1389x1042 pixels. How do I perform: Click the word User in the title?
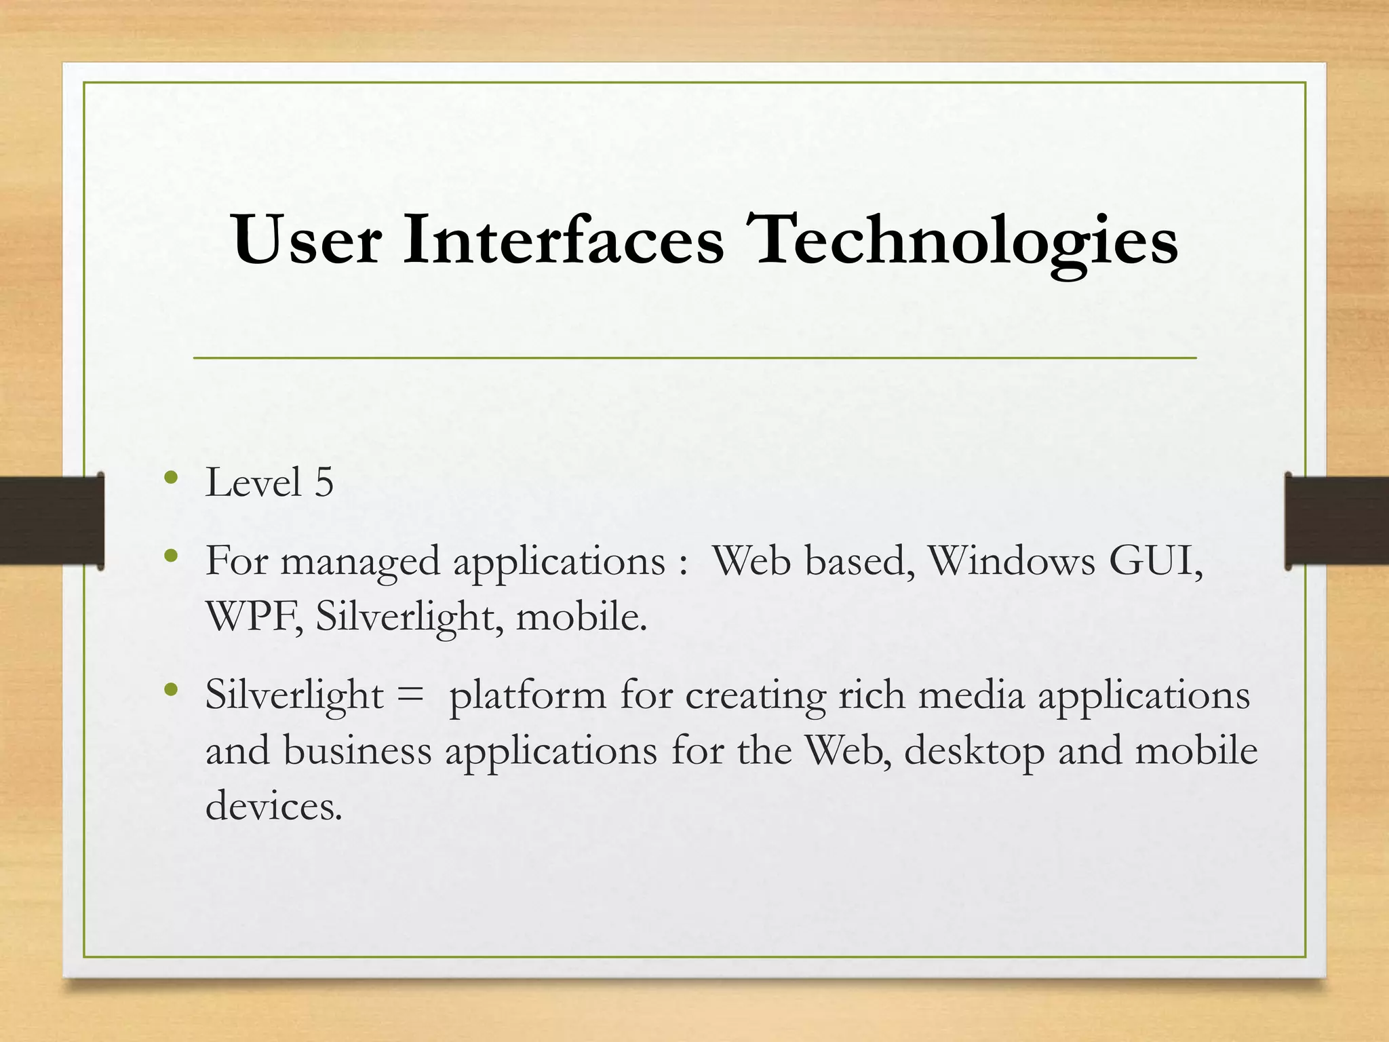click(307, 241)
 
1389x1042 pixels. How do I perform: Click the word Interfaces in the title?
click(563, 241)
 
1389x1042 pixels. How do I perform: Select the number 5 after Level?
click(324, 483)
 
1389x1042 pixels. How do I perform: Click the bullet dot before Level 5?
click(171, 478)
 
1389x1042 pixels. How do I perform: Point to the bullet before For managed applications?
click(171, 557)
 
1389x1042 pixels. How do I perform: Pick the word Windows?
click(1011, 562)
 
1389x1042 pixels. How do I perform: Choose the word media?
click(971, 696)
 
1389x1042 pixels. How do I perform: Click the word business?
click(357, 752)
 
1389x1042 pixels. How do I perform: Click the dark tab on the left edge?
click(51, 520)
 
